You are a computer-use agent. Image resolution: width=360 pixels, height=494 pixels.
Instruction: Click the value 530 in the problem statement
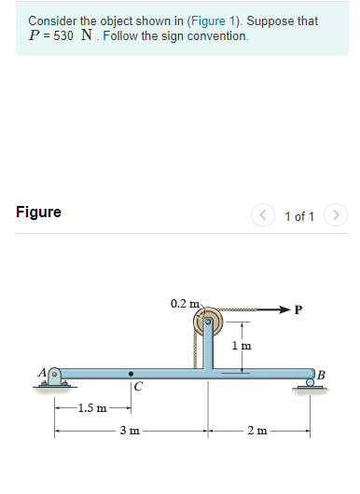[63, 36]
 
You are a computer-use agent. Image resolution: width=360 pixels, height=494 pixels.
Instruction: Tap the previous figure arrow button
[263, 215]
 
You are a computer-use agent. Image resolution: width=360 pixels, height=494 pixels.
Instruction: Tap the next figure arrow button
[336, 215]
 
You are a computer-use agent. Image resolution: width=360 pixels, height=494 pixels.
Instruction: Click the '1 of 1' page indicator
[299, 216]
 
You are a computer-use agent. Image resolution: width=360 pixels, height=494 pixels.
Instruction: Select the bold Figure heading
[38, 212]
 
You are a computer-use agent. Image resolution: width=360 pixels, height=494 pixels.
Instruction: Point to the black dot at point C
[131, 374]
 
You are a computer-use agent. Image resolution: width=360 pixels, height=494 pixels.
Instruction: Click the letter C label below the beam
[138, 386]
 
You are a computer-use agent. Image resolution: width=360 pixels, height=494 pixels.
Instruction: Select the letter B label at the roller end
[321, 375]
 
